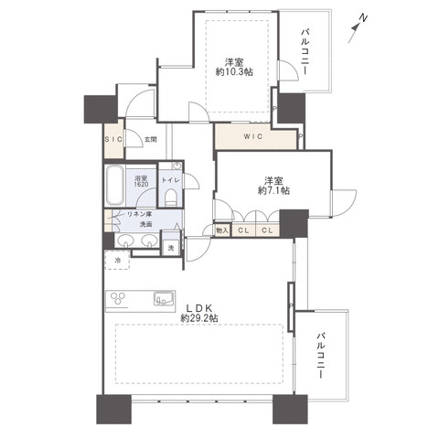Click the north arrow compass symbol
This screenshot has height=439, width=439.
(358, 28)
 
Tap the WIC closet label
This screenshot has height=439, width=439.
(253, 136)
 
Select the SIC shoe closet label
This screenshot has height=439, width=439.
(113, 139)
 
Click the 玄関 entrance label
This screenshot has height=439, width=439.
(150, 140)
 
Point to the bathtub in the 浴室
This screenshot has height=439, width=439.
(115, 185)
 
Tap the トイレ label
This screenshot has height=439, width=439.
(171, 180)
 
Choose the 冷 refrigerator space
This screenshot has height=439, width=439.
(117, 260)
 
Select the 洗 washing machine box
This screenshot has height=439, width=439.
(171, 248)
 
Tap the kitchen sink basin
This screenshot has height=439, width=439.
(165, 298)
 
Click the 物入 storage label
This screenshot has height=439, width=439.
(222, 230)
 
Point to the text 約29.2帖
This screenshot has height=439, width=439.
(199, 318)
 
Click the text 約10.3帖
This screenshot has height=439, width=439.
(234, 72)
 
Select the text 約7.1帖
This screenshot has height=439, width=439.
(273, 190)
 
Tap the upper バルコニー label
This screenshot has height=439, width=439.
(305, 51)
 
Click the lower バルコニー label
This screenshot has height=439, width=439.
(320, 356)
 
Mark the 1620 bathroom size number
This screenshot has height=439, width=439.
(142, 185)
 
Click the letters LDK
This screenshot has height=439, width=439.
(199, 307)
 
